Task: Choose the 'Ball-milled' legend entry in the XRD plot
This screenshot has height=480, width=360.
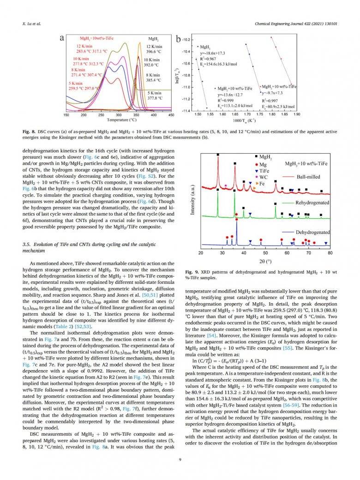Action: [x=308, y=177]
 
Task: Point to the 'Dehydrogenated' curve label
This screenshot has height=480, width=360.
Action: [x=312, y=232]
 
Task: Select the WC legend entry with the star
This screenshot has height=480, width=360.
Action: [x=264, y=177]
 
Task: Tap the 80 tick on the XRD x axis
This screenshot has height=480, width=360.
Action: [x=330, y=253]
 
